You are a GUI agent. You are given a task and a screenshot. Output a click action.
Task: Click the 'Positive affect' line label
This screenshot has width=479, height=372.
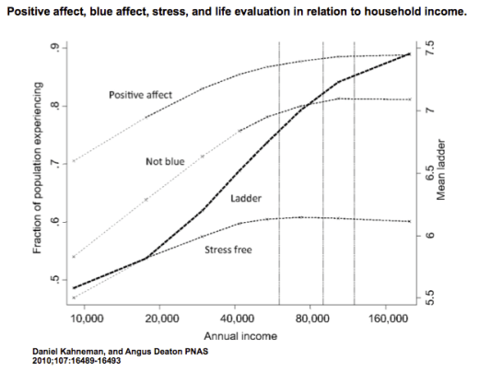(x=140, y=94)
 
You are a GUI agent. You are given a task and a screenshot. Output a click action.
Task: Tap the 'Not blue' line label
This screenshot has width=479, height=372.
(x=165, y=161)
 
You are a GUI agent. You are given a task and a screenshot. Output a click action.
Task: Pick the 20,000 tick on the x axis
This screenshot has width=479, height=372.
(x=161, y=319)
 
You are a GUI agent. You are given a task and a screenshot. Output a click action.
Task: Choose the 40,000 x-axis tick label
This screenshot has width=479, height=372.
(x=237, y=319)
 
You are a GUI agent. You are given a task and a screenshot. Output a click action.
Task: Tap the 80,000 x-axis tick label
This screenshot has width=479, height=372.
(x=312, y=319)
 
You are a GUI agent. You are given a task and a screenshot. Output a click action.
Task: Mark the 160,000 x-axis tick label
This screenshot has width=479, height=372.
(x=388, y=319)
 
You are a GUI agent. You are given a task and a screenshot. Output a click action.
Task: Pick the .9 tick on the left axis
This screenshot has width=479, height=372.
(x=58, y=48)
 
